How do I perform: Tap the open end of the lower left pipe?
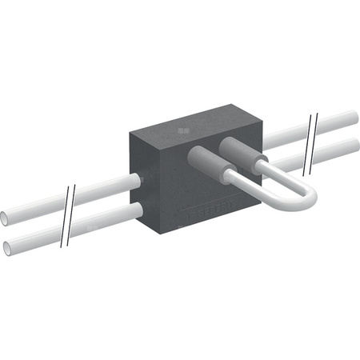pyautogui.click(x=6, y=245)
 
